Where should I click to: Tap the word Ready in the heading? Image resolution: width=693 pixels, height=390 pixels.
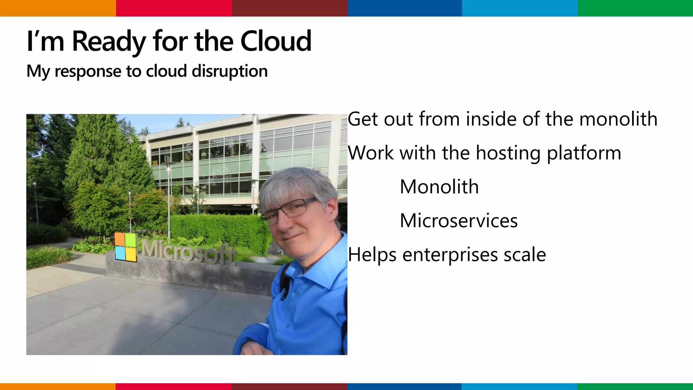point(109,41)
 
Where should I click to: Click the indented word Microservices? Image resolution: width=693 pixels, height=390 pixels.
point(459,221)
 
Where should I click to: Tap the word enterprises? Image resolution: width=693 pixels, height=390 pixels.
point(450,255)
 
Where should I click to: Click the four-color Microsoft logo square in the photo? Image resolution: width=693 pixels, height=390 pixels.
point(126,247)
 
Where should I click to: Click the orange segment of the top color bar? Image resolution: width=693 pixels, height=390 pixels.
point(58,8)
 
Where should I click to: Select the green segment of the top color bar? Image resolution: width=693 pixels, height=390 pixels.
point(635,8)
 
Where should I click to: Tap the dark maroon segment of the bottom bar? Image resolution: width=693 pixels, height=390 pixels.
point(289,386)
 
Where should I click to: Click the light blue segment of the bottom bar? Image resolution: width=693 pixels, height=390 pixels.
point(519,386)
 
